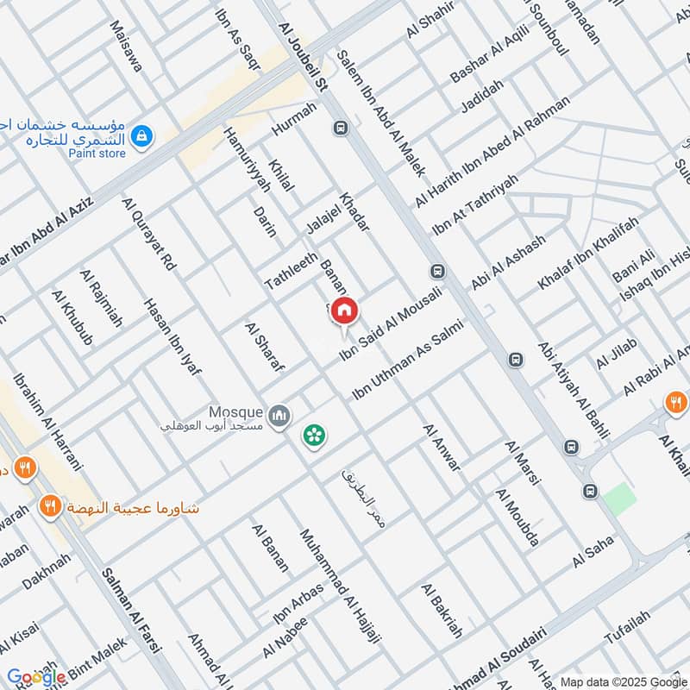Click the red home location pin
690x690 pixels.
(x=345, y=310)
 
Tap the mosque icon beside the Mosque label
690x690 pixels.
(x=279, y=417)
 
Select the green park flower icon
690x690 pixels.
(x=313, y=435)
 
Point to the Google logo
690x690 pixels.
(x=36, y=677)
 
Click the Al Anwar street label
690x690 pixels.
(x=442, y=448)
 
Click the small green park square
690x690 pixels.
(x=618, y=499)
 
